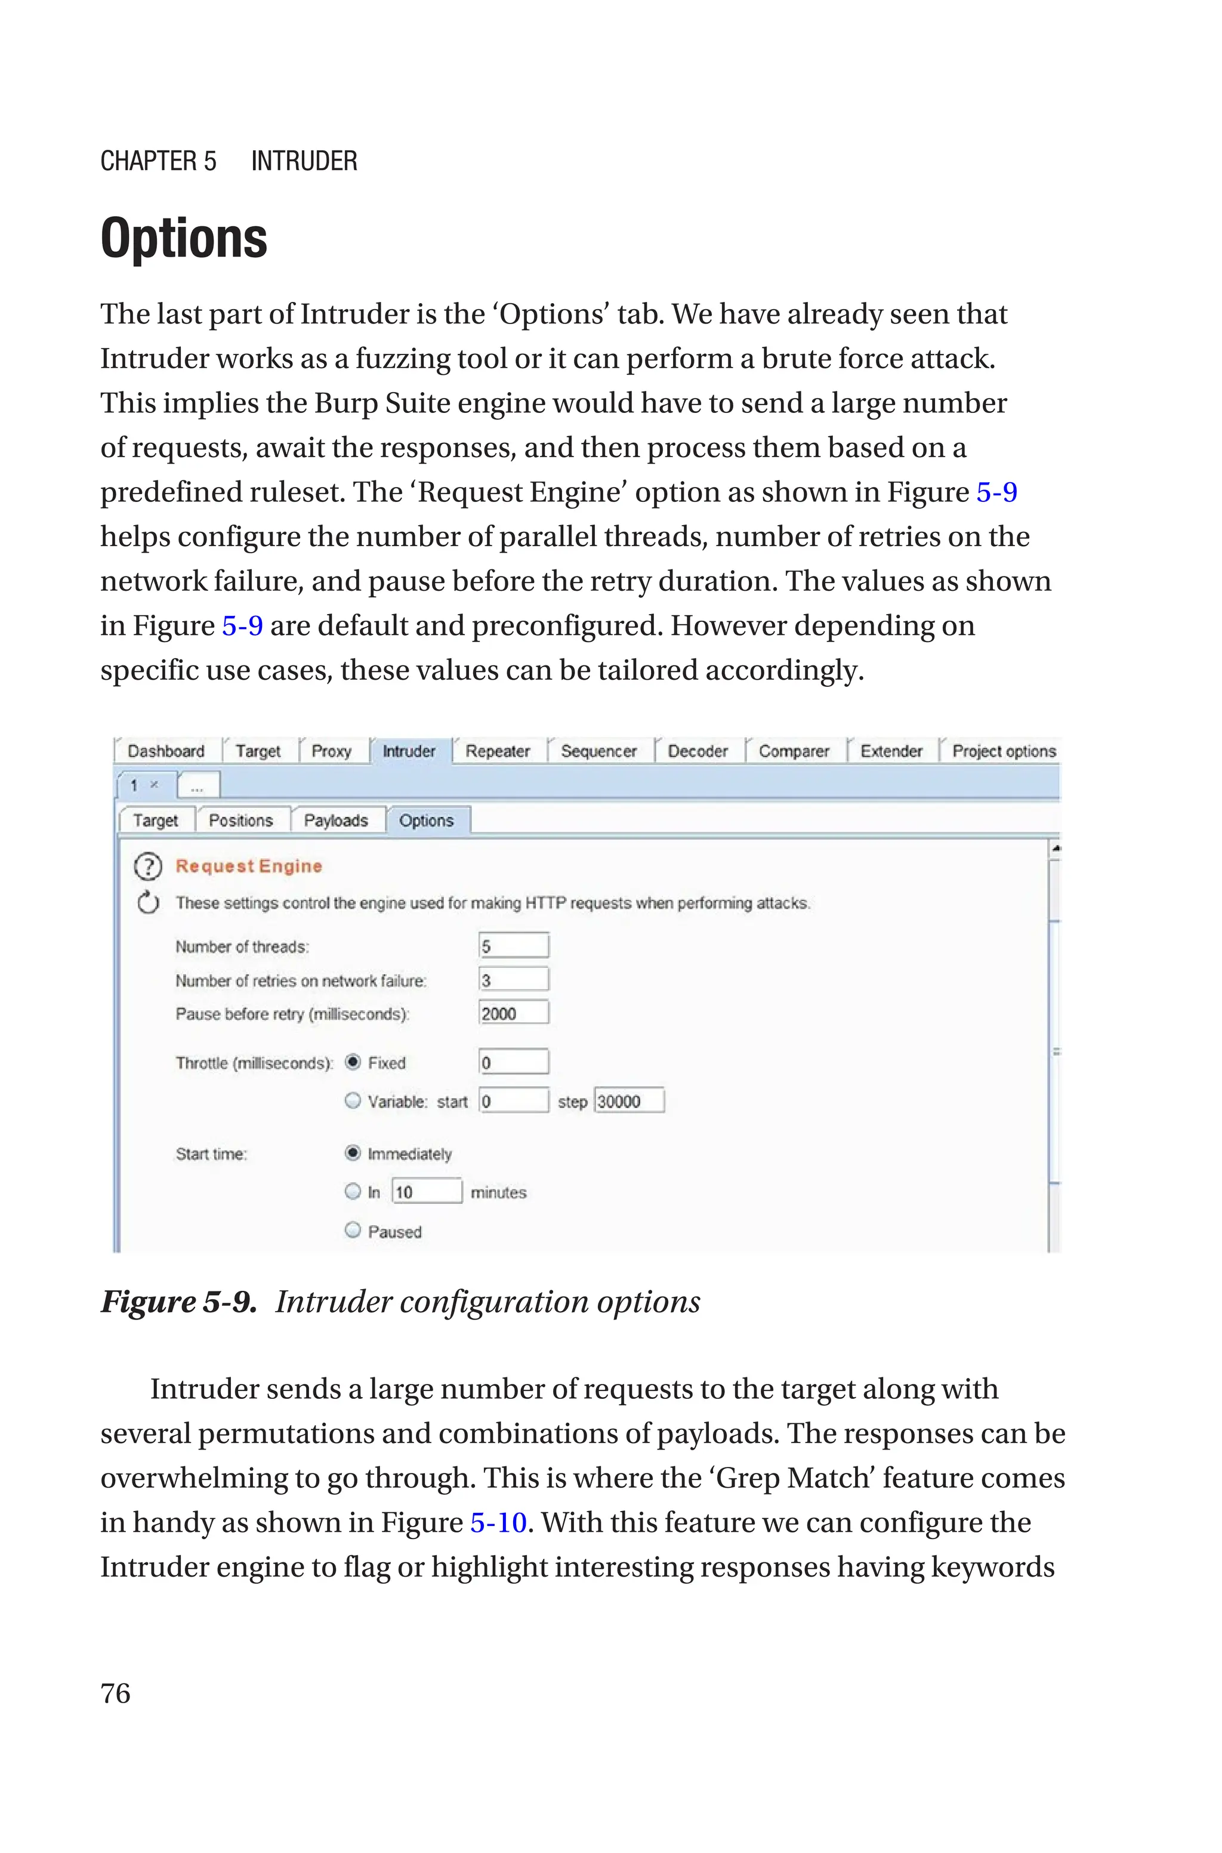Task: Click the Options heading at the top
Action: [x=184, y=239]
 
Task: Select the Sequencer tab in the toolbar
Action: [x=598, y=751]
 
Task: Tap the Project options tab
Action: [x=1003, y=751]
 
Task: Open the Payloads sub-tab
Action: [x=336, y=821]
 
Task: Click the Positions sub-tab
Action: [x=241, y=821]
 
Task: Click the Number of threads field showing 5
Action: [x=514, y=946]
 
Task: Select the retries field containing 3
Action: [x=514, y=979]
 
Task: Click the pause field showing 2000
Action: [x=514, y=1013]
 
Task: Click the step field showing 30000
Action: [x=629, y=1101]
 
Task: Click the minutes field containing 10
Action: [x=426, y=1191]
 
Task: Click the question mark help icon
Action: [x=148, y=867]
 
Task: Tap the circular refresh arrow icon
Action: [x=148, y=902]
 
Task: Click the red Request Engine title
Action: [x=249, y=867]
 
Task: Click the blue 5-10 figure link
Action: [x=499, y=1522]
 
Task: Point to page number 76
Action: [x=115, y=1693]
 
